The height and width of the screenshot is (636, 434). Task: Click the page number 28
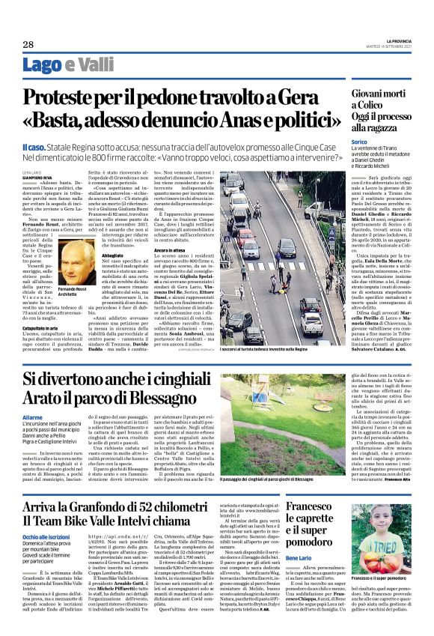[28, 45]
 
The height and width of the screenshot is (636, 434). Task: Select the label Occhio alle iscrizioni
[48, 538]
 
